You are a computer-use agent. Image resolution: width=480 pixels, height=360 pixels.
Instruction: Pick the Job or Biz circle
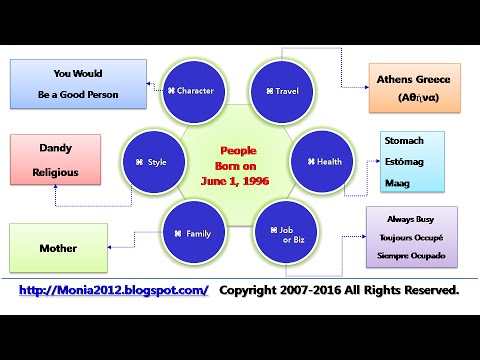pyautogui.click(x=283, y=233)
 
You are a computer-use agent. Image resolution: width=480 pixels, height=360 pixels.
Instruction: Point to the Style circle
pyautogui.click(x=152, y=161)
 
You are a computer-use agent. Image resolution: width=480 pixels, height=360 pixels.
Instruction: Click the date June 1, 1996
pyautogui.click(x=238, y=180)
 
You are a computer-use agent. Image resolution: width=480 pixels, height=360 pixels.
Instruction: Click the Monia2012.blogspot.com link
pyautogui.click(x=115, y=290)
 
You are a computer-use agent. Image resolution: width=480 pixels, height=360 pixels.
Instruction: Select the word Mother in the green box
pyautogui.click(x=58, y=248)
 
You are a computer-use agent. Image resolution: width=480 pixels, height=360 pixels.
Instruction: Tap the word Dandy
pyautogui.click(x=55, y=148)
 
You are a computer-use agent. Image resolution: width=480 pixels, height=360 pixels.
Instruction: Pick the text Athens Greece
pyautogui.click(x=413, y=79)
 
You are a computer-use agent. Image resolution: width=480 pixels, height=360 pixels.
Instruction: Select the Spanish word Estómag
pyautogui.click(x=405, y=163)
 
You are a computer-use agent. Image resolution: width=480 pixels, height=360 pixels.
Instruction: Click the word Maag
pyautogui.click(x=397, y=183)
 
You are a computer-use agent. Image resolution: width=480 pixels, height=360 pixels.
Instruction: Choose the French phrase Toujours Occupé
pyautogui.click(x=413, y=237)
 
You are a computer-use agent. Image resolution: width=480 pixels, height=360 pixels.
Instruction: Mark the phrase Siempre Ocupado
pyautogui.click(x=413, y=255)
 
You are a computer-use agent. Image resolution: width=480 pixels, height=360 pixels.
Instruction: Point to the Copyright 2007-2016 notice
pyautogui.click(x=340, y=290)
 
